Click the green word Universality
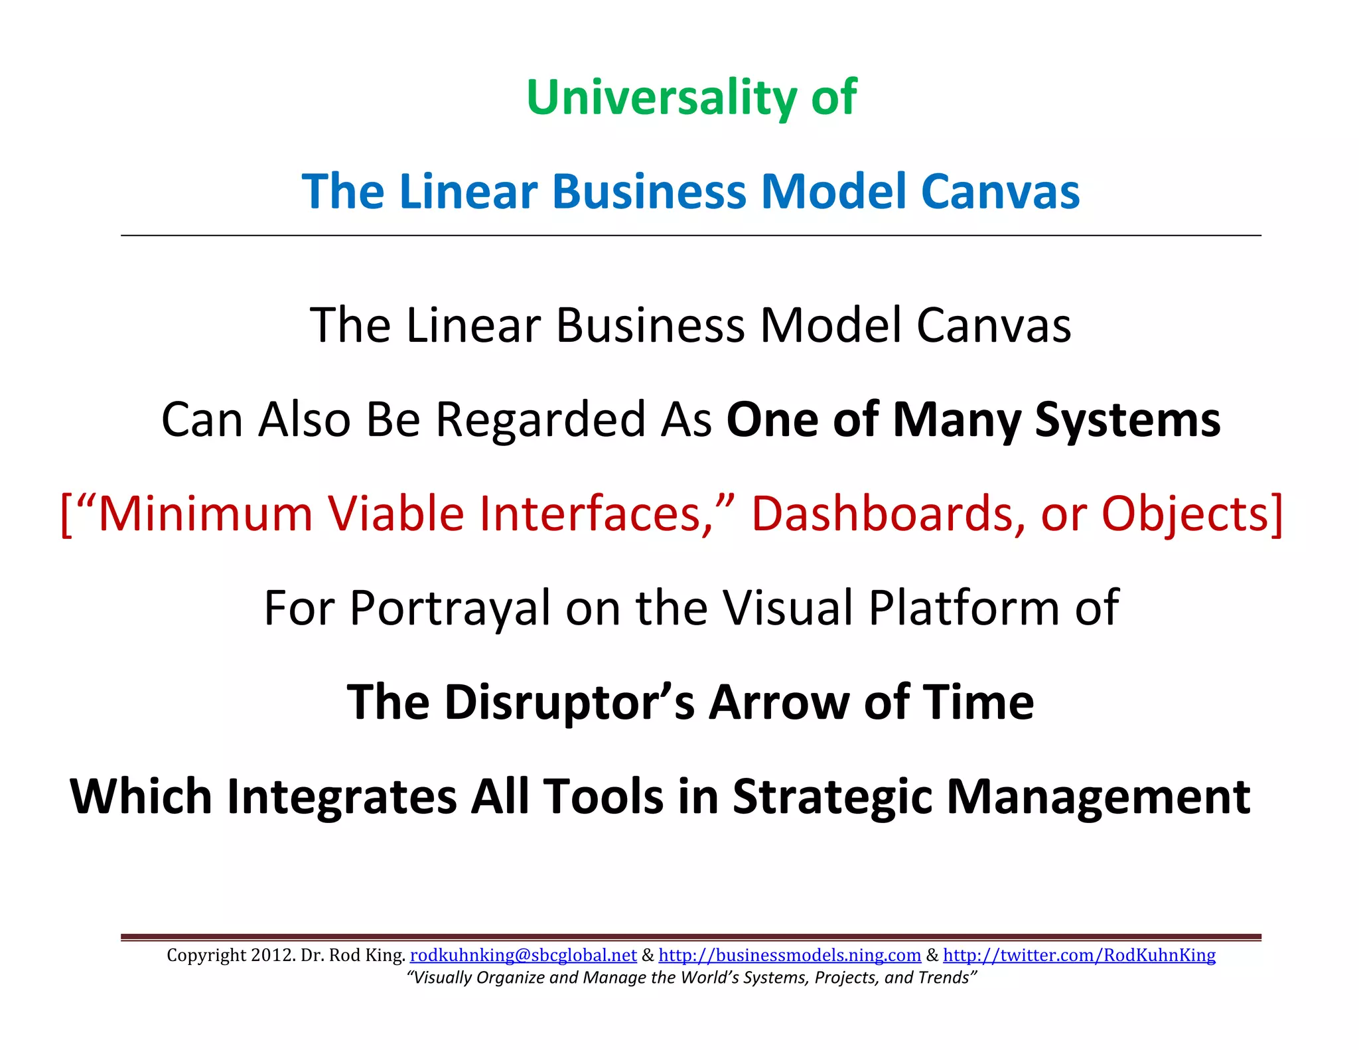coord(660,98)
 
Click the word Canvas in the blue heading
coord(1000,192)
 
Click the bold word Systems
coord(1127,420)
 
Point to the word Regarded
coord(541,420)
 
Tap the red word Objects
coord(1191,514)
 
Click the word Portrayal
coord(449,609)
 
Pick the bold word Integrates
coord(342,796)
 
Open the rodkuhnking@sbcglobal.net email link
coord(523,956)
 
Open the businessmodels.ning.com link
coord(790,956)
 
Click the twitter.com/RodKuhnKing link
coord(1079,956)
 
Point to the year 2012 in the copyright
coord(273,956)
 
